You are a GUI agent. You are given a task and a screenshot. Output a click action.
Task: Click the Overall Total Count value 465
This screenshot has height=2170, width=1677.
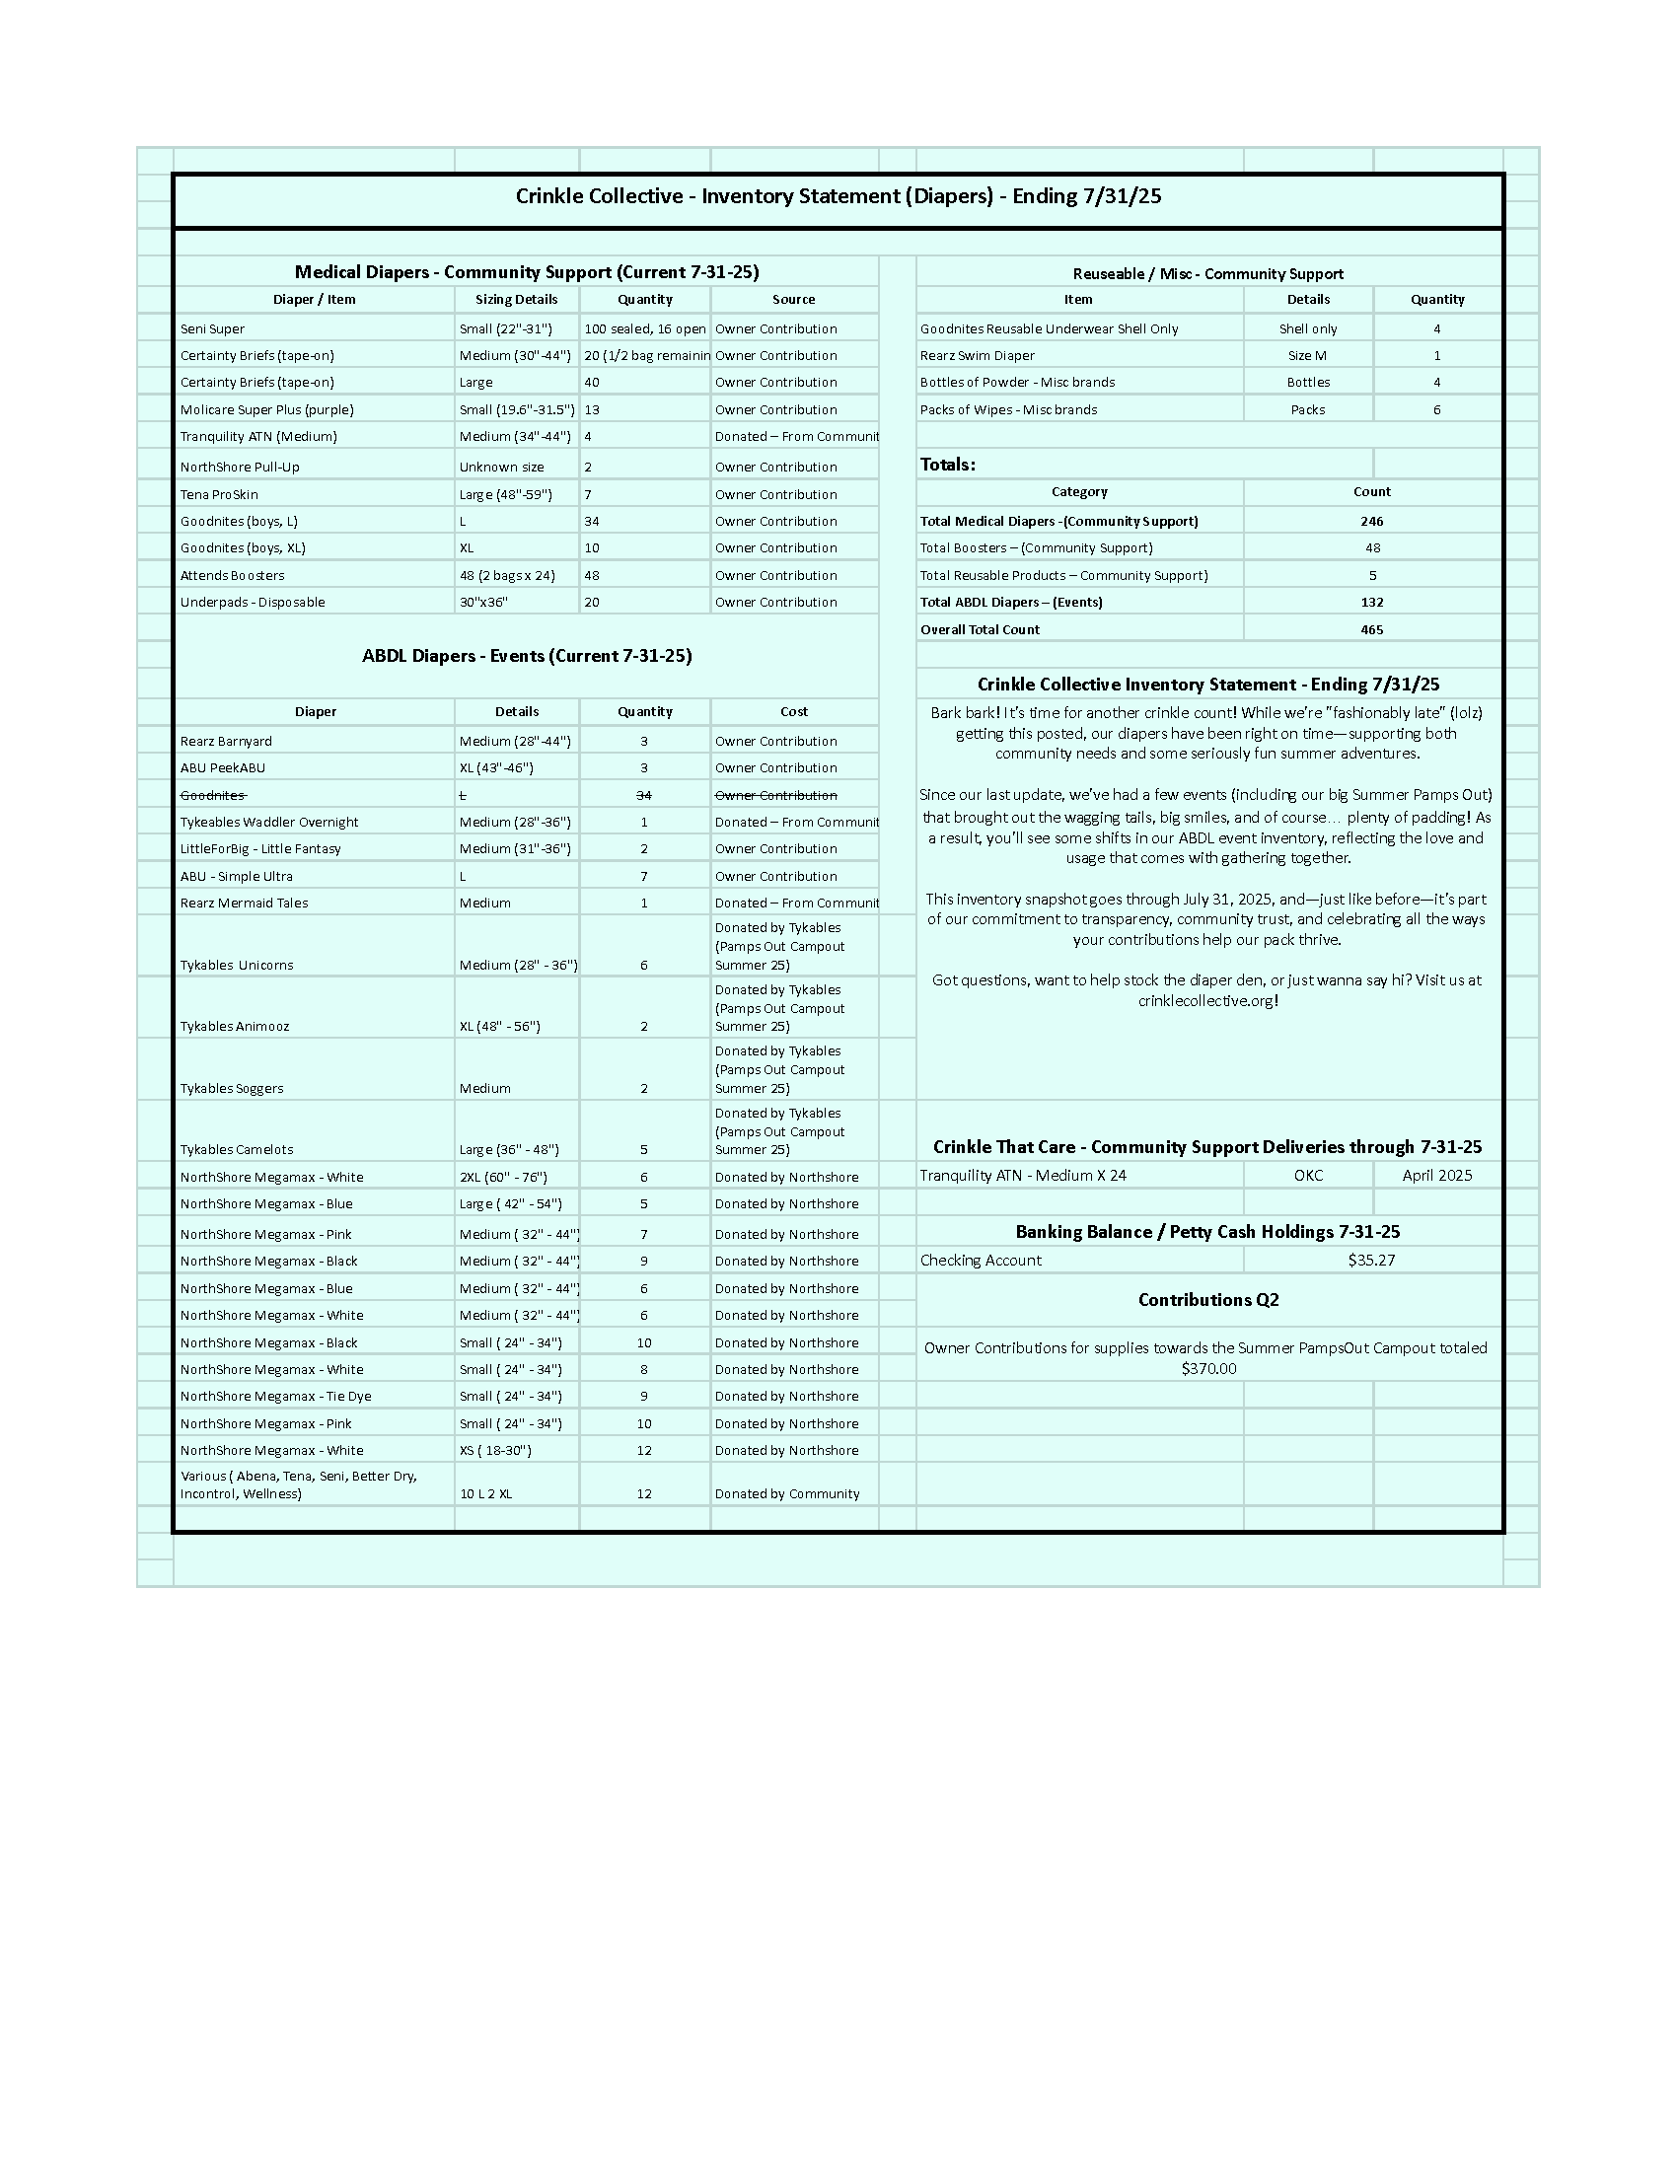point(1371,630)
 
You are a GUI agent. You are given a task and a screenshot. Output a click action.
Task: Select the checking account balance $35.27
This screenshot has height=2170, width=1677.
point(1371,1260)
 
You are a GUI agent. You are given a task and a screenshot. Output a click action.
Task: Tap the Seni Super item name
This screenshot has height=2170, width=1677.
point(213,328)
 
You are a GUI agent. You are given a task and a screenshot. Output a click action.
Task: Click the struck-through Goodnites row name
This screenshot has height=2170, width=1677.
point(213,795)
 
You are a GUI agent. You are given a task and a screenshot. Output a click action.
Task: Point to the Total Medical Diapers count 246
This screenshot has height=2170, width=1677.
point(1371,521)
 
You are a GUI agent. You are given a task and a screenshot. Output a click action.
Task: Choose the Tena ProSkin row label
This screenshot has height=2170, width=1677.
point(219,494)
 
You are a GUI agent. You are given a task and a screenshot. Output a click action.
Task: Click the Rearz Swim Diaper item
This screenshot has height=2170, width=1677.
point(977,356)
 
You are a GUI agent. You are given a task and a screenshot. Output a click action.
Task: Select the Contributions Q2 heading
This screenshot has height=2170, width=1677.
point(1208,1300)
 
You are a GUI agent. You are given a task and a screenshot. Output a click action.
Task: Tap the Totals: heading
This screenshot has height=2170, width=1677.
point(948,464)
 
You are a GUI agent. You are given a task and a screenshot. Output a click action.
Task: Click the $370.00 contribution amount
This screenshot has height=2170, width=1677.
point(1208,1368)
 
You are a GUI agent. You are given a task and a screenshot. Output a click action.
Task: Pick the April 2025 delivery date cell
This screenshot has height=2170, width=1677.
point(1436,1176)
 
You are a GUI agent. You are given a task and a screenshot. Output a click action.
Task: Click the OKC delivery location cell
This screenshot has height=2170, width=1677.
point(1307,1176)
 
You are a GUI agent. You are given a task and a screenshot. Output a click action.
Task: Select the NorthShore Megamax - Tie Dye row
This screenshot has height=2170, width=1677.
point(275,1396)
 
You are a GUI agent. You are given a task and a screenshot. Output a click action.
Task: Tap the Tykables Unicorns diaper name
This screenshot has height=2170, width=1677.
point(237,965)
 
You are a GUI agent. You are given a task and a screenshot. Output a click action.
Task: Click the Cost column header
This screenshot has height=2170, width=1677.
point(794,711)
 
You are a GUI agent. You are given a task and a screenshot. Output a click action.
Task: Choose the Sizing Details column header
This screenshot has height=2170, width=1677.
point(516,299)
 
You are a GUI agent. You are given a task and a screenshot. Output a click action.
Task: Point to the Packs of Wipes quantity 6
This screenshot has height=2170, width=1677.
point(1436,409)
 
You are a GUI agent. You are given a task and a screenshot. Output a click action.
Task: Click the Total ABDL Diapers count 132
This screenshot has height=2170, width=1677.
point(1371,602)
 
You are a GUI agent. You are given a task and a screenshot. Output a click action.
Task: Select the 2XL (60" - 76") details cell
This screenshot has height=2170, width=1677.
point(503,1177)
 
